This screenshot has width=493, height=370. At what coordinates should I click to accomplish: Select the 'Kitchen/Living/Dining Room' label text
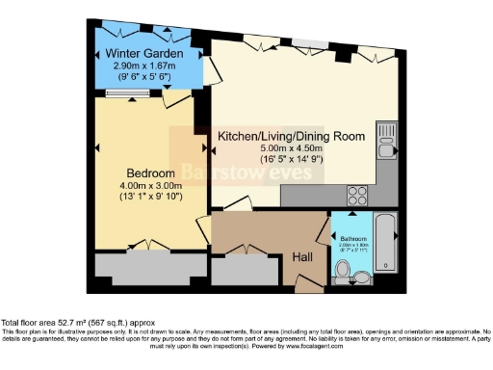tap(290, 136)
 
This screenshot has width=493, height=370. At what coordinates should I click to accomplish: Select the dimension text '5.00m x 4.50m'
tap(290, 150)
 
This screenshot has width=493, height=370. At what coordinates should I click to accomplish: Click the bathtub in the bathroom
tap(386, 242)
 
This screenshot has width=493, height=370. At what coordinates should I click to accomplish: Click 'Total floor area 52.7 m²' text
tap(58, 323)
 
